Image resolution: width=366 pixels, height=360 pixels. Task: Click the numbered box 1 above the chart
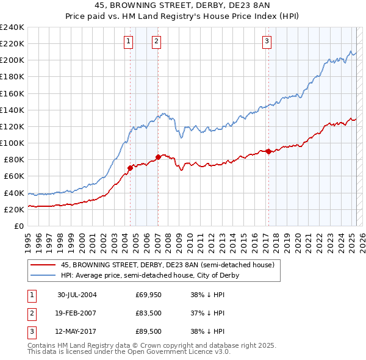pyautogui.click(x=129, y=41)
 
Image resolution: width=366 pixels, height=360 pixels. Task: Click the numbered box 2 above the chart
pyautogui.click(x=157, y=41)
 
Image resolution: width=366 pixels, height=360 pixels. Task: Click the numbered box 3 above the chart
pyautogui.click(x=267, y=41)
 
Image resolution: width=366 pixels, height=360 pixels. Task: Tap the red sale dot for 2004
pyautogui.click(x=130, y=168)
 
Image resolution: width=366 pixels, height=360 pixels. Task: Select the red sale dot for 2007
pyautogui.click(x=158, y=157)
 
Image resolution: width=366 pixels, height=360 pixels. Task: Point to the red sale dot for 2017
pyautogui.click(x=268, y=152)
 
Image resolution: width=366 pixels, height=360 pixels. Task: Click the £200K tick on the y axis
pyautogui.click(x=12, y=60)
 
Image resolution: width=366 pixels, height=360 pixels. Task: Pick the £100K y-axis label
pyautogui.click(x=12, y=143)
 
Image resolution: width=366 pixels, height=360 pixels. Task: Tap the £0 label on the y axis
pyautogui.click(x=18, y=226)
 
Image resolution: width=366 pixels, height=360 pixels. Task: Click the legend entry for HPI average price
pyautogui.click(x=150, y=275)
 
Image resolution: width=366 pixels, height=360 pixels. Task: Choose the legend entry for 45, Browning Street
pyautogui.click(x=168, y=265)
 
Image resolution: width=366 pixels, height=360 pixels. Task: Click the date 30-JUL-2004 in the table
pyautogui.click(x=77, y=294)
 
